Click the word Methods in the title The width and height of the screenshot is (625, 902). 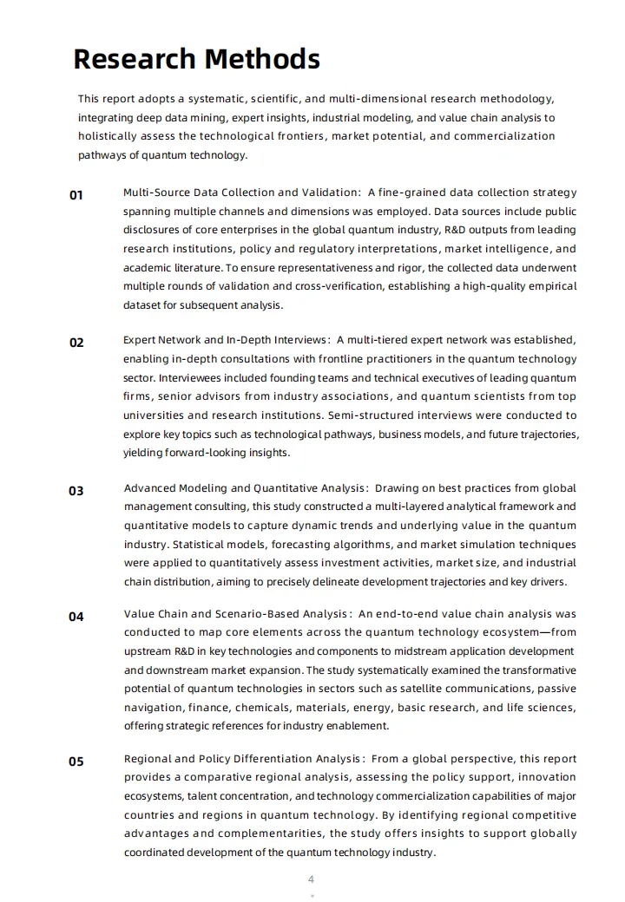[261, 59]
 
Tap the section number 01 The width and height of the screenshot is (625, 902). [76, 195]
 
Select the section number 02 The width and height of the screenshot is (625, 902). [76, 343]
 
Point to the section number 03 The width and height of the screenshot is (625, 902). [76, 491]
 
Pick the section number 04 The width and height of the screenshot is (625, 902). [76, 617]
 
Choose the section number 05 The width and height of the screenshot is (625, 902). [76, 761]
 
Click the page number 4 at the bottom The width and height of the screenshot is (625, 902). [312, 879]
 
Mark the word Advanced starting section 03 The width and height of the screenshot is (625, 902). [150, 488]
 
